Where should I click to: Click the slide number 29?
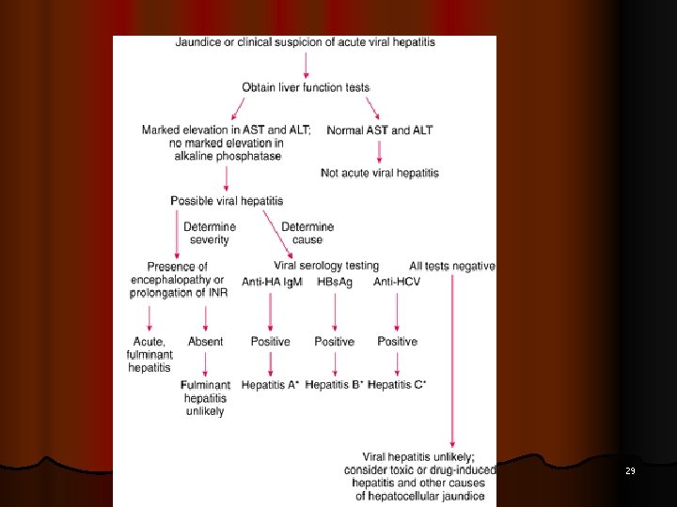[631, 470]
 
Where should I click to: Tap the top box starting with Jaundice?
[305, 42]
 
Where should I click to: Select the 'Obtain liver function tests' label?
[306, 87]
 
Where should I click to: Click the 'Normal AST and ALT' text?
[380, 131]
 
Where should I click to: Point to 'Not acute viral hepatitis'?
[380, 173]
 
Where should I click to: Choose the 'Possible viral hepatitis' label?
[227, 201]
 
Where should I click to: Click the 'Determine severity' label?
[210, 233]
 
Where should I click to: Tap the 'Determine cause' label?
[307, 233]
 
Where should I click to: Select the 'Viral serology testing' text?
[326, 266]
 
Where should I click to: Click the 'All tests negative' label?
[452, 266]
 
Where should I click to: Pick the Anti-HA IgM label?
[272, 282]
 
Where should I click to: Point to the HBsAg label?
[335, 282]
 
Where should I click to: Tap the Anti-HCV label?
[397, 282]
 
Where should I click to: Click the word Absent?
[205, 342]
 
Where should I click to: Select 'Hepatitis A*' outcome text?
[270, 385]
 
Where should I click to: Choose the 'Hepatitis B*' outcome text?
[335, 385]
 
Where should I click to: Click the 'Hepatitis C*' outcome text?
[397, 385]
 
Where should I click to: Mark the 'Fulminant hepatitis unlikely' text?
[206, 398]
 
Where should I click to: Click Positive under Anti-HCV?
[397, 342]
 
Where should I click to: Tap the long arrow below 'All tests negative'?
[453, 357]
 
